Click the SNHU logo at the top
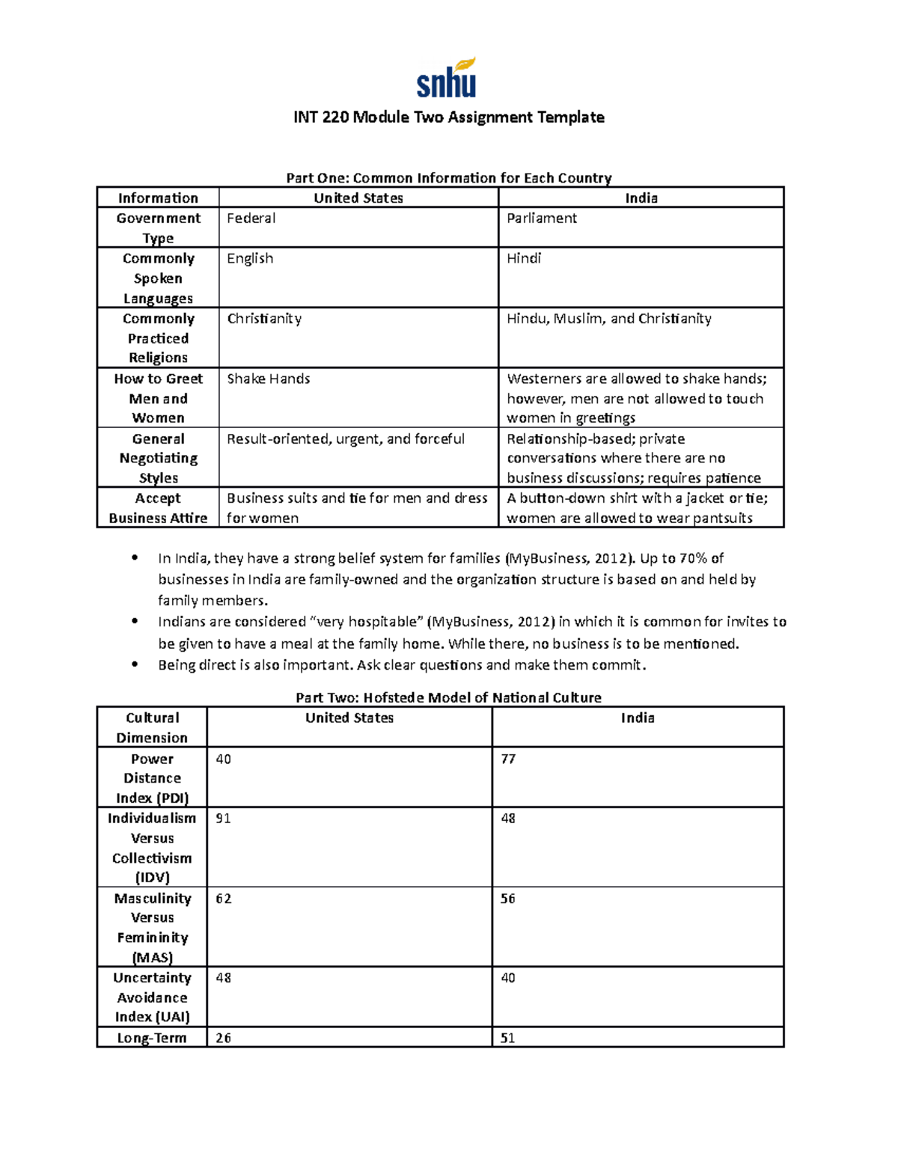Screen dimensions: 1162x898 pos(447,79)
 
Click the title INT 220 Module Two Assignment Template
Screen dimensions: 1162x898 pos(448,117)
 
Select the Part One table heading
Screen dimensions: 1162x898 pos(448,178)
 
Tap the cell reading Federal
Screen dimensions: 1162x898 pos(251,218)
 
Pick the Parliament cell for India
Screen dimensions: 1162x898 pos(542,218)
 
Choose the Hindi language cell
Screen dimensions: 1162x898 pos(524,259)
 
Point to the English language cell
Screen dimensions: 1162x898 pos(250,259)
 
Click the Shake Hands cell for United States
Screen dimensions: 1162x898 pos(269,379)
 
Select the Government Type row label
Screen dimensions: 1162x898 pos(158,227)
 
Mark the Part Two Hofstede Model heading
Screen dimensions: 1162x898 pos(448,698)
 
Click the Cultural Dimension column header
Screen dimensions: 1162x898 pos(152,727)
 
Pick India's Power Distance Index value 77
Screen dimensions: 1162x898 pos(508,759)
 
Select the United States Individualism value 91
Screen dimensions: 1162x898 pos(223,819)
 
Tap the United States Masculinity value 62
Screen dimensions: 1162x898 pos(223,899)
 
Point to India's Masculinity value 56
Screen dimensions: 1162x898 pos(508,899)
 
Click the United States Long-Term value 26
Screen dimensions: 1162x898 pos(223,1038)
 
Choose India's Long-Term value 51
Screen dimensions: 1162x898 pos(508,1038)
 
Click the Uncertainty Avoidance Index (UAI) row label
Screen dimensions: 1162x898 pos(152,997)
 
